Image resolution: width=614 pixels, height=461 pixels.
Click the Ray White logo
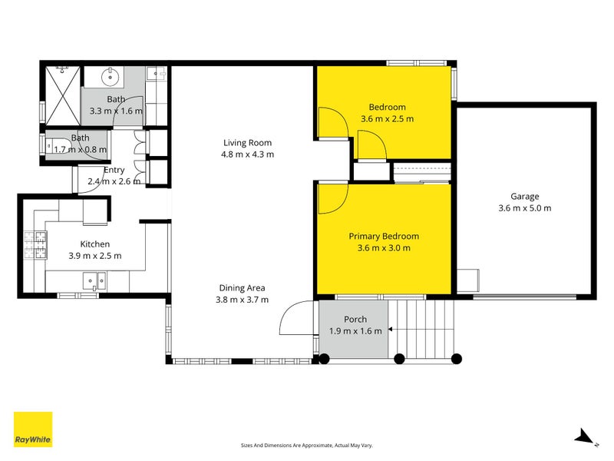(33, 429)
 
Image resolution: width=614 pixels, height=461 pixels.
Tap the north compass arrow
(585, 437)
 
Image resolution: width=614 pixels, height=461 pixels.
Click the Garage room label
(525, 196)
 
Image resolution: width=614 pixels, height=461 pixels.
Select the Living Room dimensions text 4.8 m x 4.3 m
(247, 154)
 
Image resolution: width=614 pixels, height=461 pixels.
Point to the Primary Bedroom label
(384, 236)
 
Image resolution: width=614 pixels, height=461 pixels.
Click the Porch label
(355, 319)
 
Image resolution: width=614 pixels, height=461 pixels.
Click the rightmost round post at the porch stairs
(457, 358)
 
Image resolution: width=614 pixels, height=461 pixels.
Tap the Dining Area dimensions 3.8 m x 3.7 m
(242, 300)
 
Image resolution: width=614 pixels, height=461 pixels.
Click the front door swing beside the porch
(296, 317)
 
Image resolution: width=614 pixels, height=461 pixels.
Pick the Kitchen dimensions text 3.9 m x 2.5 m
(95, 256)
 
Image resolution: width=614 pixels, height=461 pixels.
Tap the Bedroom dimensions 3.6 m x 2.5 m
(387, 119)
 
